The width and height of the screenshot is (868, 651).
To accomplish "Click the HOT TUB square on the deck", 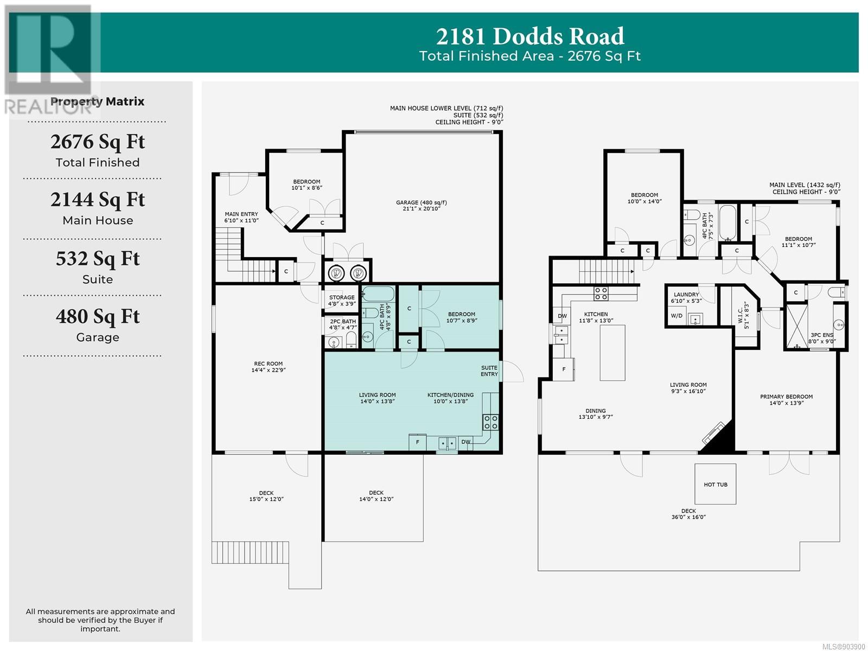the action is [x=715, y=484].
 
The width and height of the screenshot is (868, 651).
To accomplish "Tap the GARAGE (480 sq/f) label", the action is [x=421, y=202].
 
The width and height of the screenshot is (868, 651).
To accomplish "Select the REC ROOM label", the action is [x=268, y=363].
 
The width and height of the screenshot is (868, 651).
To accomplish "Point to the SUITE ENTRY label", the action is [x=489, y=371].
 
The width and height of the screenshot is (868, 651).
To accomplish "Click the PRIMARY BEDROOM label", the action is [x=786, y=397].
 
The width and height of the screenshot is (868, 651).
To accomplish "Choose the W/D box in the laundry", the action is [x=676, y=316].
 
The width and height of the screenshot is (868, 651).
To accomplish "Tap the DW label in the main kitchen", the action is [x=562, y=316].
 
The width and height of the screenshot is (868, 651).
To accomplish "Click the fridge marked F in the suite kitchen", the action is [x=417, y=442].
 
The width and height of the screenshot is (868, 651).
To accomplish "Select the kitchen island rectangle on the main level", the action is [x=612, y=353].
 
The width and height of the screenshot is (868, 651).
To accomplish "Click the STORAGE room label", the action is [x=342, y=297].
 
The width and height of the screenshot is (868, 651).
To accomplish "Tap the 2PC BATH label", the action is [x=343, y=321].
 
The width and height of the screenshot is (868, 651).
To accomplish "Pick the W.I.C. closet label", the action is [x=741, y=315].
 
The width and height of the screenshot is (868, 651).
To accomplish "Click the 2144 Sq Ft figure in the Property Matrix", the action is [x=98, y=200].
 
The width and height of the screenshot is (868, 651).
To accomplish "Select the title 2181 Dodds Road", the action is [x=530, y=36].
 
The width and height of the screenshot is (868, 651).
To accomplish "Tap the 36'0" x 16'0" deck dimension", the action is [x=688, y=517].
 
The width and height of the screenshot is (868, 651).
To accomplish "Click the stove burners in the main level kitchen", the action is [x=601, y=293].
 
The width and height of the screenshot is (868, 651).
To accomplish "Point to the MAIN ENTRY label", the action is [x=241, y=214].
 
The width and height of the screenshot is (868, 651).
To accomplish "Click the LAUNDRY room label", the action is [x=686, y=295].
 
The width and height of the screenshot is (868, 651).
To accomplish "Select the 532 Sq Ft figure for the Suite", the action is [x=98, y=259].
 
